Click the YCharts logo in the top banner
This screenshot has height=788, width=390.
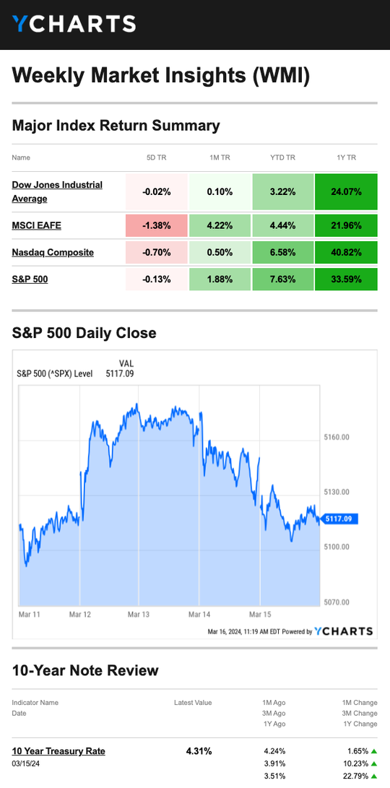pyautogui.click(x=74, y=24)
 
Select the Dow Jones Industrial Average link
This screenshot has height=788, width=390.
pyautogui.click(x=57, y=191)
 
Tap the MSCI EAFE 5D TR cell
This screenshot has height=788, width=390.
pyautogui.click(x=156, y=225)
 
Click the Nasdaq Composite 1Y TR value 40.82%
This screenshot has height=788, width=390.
pyautogui.click(x=346, y=252)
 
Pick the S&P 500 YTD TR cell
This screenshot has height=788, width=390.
pyautogui.click(x=282, y=279)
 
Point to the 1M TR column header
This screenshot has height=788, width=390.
pyautogui.click(x=220, y=157)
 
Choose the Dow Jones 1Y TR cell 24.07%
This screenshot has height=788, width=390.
pyautogui.click(x=346, y=191)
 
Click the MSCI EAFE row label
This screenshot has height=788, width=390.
pyautogui.click(x=37, y=225)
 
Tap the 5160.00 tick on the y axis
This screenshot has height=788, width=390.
pyautogui.click(x=337, y=437)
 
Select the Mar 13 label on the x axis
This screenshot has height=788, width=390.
pyautogui.click(x=139, y=614)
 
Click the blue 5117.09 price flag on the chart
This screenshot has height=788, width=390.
pyautogui.click(x=339, y=518)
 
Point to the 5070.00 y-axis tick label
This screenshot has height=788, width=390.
pyautogui.click(x=337, y=602)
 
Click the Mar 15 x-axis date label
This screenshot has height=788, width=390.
pyautogui.click(x=260, y=614)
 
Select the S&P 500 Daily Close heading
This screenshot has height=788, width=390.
pyautogui.click(x=84, y=333)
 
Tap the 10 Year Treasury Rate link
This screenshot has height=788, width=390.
pyautogui.click(x=58, y=751)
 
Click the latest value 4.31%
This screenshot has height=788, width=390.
pyautogui.click(x=199, y=751)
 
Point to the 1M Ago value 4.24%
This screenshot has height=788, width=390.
pyautogui.click(x=274, y=751)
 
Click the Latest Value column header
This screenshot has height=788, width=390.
pyautogui.click(x=193, y=703)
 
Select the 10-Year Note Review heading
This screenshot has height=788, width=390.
pyautogui.click(x=85, y=670)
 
